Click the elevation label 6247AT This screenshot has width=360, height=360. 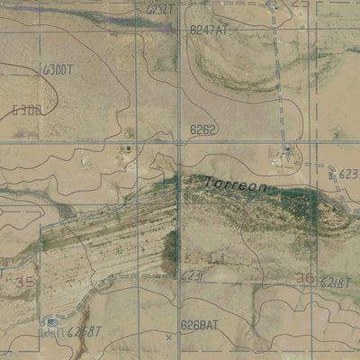(210, 30)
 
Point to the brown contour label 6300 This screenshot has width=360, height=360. (27, 111)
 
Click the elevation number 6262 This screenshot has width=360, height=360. (202, 130)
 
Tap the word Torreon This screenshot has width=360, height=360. (237, 184)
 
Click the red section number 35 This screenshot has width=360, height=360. (28, 283)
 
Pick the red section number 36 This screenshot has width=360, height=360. (305, 278)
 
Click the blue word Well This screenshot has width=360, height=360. (52, 332)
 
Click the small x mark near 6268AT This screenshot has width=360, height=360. (168, 337)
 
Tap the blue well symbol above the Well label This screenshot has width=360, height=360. (53, 320)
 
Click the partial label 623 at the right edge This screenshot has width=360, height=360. (349, 173)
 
